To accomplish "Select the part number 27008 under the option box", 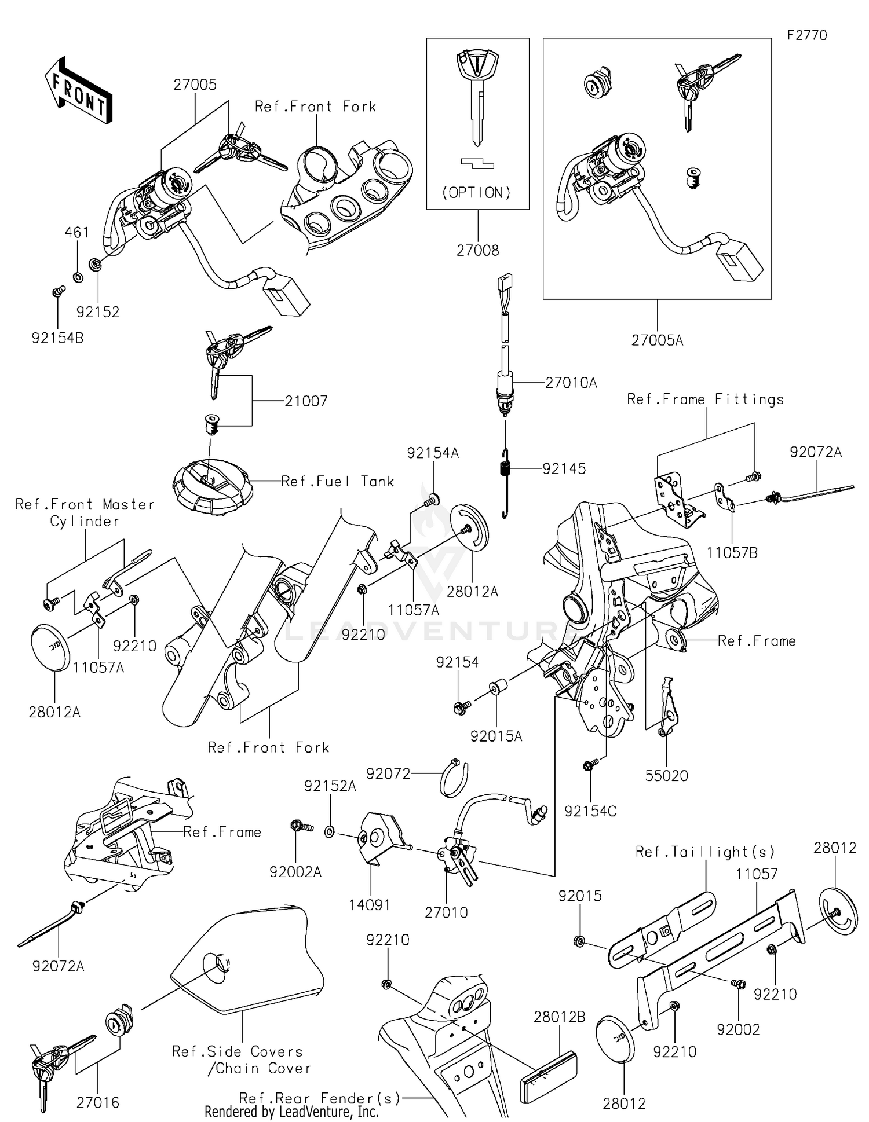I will tap(477, 250).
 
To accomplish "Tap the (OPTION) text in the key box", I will tap(477, 192).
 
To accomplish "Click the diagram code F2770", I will tap(807, 35).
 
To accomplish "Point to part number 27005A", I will tap(657, 340).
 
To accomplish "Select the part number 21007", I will tap(306, 401).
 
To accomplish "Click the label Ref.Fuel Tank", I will tap(337, 481).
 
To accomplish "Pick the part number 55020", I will tap(666, 776).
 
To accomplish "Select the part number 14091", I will tap(370, 905).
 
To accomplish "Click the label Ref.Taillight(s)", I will tap(705, 852).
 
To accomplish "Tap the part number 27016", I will tap(98, 1102).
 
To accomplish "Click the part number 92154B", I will tap(57, 338).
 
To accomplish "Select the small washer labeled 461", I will tap(78, 277).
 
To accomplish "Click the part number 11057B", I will tap(732, 552).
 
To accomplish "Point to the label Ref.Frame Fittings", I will tap(705, 399).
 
